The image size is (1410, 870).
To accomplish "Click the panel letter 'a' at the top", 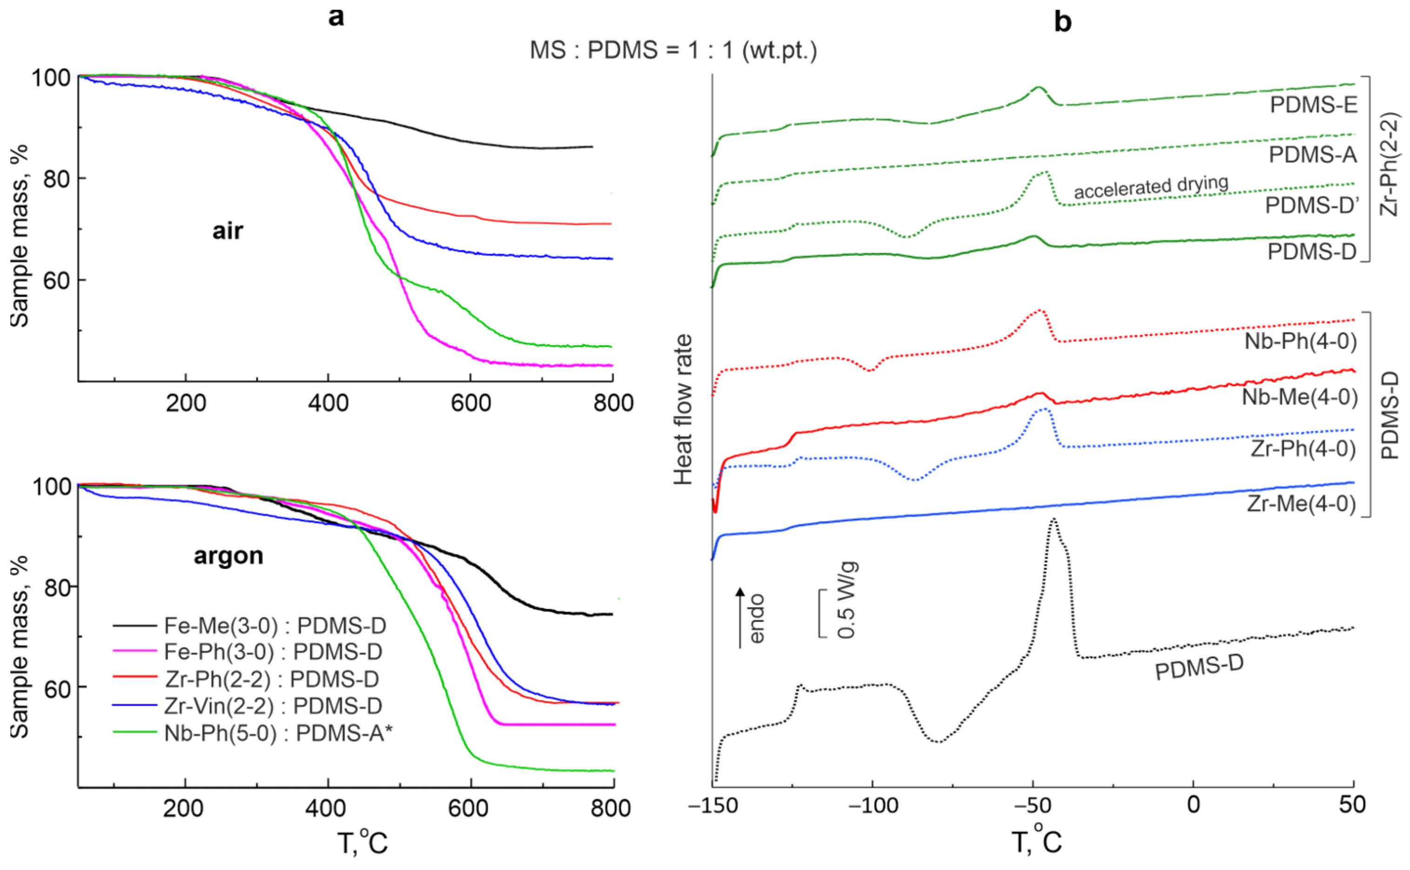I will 336,17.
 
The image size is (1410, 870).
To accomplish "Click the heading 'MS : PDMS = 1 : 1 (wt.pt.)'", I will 673,51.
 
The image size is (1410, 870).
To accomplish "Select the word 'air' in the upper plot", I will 228,231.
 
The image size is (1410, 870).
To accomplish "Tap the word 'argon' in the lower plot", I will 228,556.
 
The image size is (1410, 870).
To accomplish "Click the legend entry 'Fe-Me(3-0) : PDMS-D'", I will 275,625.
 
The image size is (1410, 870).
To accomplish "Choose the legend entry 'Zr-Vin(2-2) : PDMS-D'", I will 273,706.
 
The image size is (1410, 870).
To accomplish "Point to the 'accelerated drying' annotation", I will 1151,187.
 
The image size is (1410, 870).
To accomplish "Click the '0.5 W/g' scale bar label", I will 846,601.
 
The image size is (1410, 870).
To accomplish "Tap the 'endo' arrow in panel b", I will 741,619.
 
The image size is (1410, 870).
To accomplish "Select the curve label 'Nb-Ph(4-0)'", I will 1300,341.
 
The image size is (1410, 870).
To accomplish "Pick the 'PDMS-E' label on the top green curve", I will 1313,105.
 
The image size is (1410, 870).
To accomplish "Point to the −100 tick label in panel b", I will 873,804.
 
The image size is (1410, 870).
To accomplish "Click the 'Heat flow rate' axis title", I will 683,410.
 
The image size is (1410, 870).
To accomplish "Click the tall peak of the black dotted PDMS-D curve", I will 1053,521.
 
